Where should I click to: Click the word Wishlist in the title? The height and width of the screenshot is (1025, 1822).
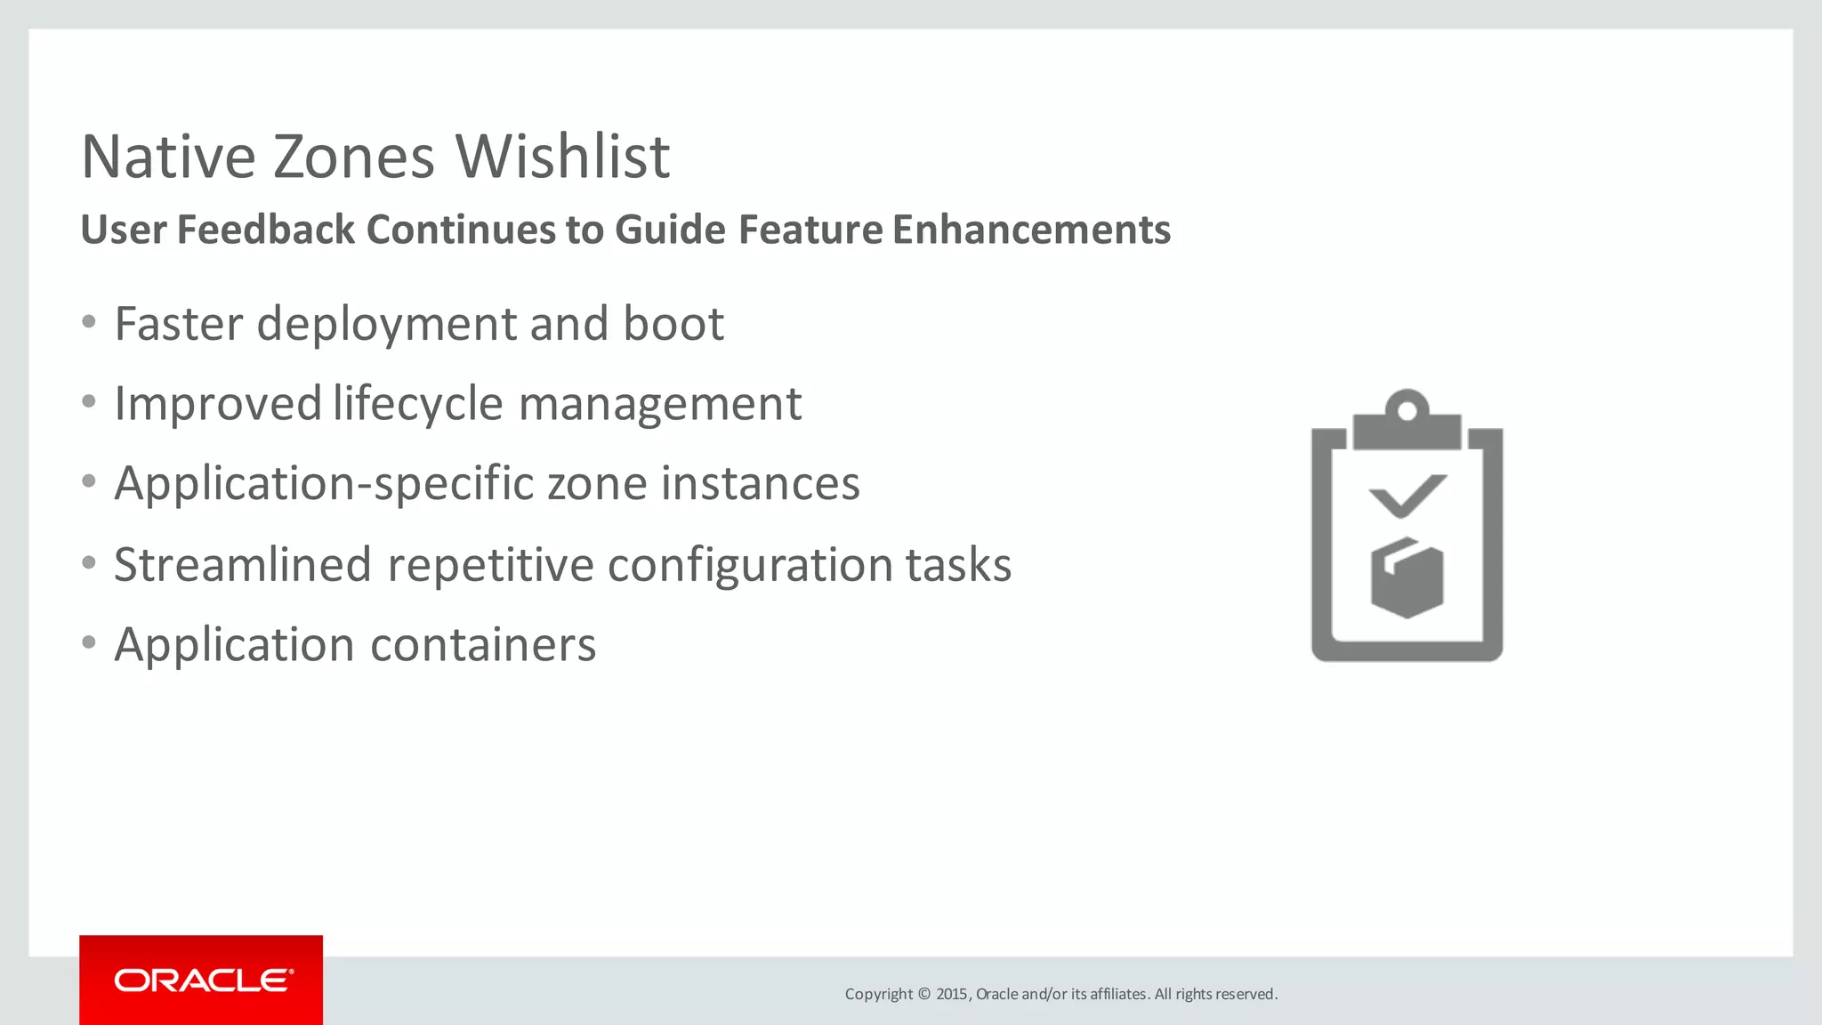click(562, 157)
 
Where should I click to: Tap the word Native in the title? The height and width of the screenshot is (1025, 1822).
click(168, 157)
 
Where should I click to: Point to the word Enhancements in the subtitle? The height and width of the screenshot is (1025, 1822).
click(1031, 230)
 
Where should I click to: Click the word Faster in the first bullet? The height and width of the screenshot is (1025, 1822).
click(178, 324)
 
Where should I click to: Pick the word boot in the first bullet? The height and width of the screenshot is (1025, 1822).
click(673, 324)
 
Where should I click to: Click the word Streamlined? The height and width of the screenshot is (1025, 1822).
click(242, 565)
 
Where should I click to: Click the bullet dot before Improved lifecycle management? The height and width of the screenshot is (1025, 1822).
click(89, 402)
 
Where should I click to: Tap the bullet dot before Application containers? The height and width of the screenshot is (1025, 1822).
click(89, 642)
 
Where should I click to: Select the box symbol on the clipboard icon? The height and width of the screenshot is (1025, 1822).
click(1407, 577)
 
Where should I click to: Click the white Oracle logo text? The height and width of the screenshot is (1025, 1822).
click(203, 981)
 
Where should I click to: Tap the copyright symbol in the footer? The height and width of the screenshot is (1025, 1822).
click(923, 994)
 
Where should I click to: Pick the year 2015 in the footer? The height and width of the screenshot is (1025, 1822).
click(951, 994)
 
